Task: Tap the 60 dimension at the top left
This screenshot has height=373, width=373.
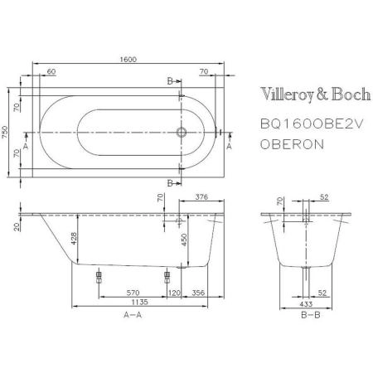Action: pos(51,73)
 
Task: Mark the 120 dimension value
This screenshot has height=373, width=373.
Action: pos(174,292)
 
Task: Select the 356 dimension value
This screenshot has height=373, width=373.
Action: pos(199,292)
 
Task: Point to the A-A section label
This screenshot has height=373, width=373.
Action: pos(132,317)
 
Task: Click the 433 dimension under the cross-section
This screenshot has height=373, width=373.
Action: pos(305,303)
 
